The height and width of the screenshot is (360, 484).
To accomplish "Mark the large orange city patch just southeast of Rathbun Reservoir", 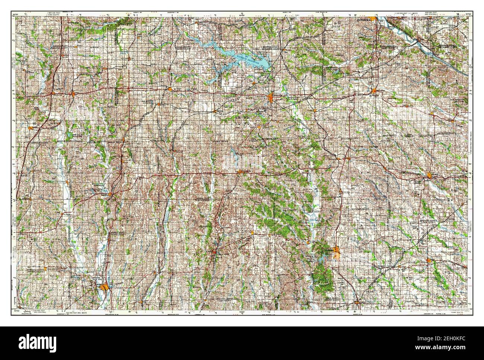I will coord(271,98).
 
